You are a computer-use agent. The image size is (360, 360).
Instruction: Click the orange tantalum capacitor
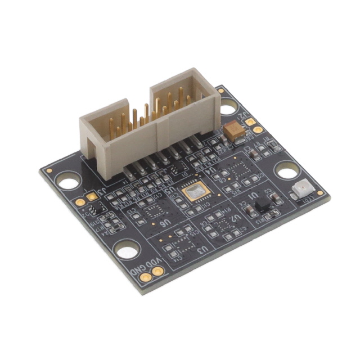pyautogui.click(x=235, y=132)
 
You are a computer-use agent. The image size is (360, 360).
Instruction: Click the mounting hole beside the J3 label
pyautogui.click(x=67, y=181)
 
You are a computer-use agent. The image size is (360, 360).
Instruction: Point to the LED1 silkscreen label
pyautogui.click(x=308, y=200)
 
